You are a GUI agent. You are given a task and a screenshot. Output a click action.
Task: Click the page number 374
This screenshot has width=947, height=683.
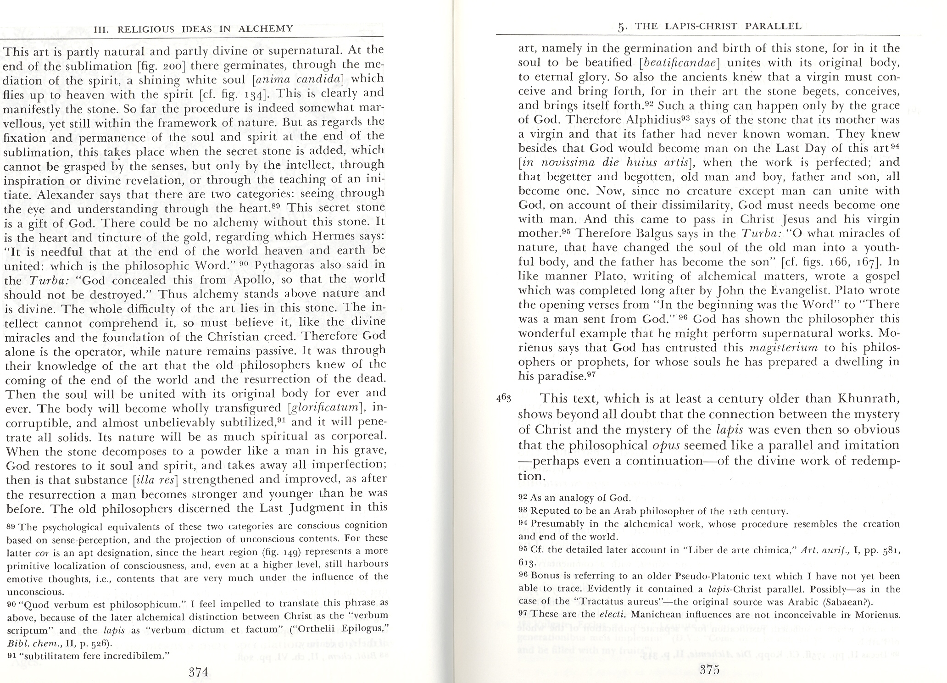click(x=199, y=672)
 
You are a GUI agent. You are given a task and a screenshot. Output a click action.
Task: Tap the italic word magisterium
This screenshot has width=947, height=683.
click(x=783, y=348)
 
